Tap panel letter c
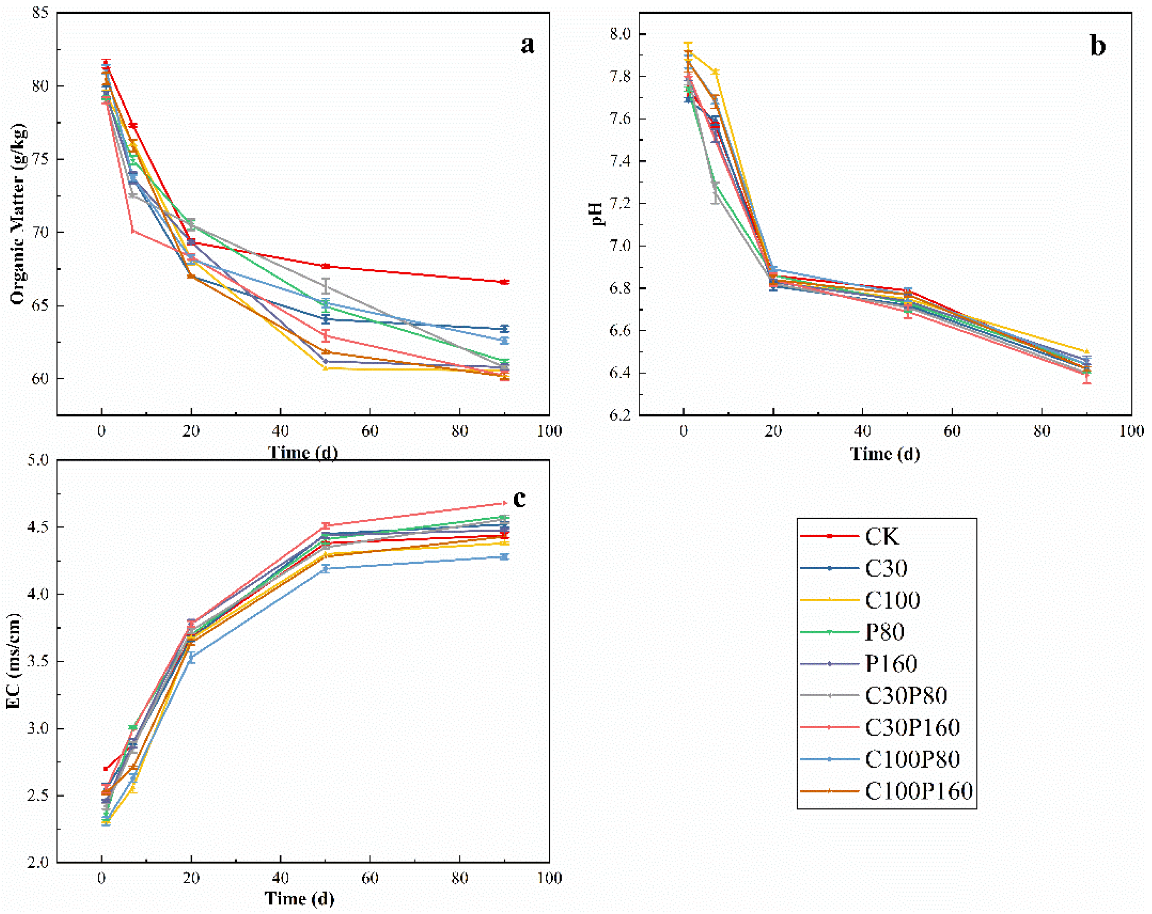tap(519, 499)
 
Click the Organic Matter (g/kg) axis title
tap(17, 214)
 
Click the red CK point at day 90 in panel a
tap(504, 282)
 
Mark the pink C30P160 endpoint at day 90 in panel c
tap(504, 503)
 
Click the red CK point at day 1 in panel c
tap(106, 769)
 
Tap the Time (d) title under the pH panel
tap(885, 454)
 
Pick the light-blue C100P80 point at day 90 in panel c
tap(504, 557)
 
